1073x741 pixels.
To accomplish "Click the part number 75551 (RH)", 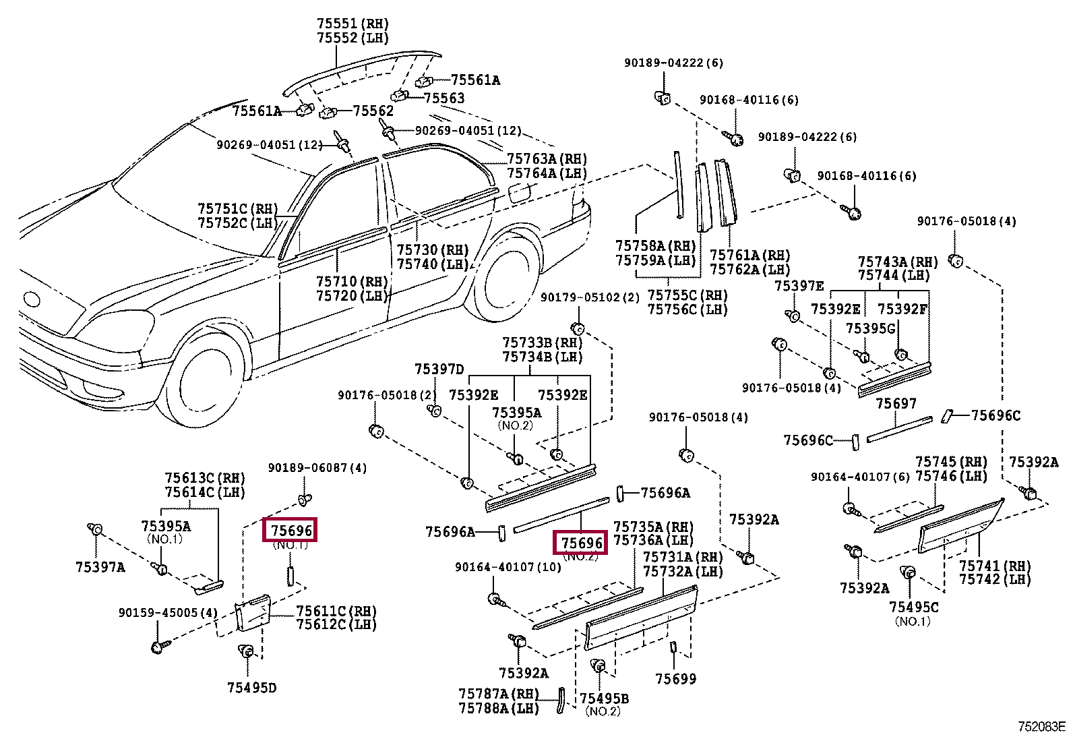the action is [352, 24].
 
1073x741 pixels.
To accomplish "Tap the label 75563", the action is [444, 98].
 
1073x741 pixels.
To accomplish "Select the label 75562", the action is [373, 111].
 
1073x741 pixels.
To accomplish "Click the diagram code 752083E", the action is [1041, 727].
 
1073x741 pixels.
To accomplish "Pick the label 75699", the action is [675, 679].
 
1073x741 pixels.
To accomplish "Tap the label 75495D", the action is [252, 688].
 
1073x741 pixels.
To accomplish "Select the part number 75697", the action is [896, 404].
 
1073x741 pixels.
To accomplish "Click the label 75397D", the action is [439, 369].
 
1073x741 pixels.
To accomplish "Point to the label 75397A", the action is [100, 567].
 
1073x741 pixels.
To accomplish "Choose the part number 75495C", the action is [913, 607].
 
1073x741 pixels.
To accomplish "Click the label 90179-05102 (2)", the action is [590, 297].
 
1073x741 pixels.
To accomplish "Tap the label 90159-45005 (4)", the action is [168, 612].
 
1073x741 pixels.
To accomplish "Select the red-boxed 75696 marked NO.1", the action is [290, 530].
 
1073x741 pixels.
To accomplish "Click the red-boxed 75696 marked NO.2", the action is [580, 543].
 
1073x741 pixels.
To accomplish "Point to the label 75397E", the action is [799, 286].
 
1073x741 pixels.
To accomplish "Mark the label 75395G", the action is [870, 328].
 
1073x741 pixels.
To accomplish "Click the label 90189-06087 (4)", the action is [317, 467].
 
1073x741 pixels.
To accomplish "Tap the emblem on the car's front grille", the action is [33, 299].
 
